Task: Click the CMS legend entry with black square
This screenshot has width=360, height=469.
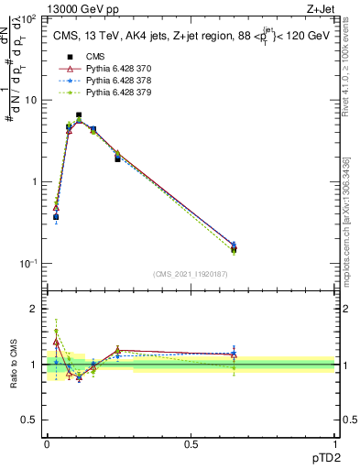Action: pyautogui.click(x=92, y=57)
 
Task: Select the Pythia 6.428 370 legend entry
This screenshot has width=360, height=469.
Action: pyautogui.click(x=106, y=69)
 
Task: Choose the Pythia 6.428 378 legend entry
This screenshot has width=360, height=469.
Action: pyautogui.click(x=106, y=81)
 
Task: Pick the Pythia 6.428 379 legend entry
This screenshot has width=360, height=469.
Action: pyautogui.click(x=106, y=93)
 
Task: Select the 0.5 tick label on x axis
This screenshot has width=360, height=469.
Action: pyautogui.click(x=191, y=444)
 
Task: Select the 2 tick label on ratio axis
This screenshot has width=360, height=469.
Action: pyautogui.click(x=35, y=309)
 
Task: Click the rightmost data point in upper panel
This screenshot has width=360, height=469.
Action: pyautogui.click(x=234, y=247)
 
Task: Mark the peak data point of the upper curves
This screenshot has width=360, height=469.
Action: pyautogui.click(x=79, y=116)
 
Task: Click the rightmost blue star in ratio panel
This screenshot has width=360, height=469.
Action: pyautogui.click(x=234, y=354)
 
